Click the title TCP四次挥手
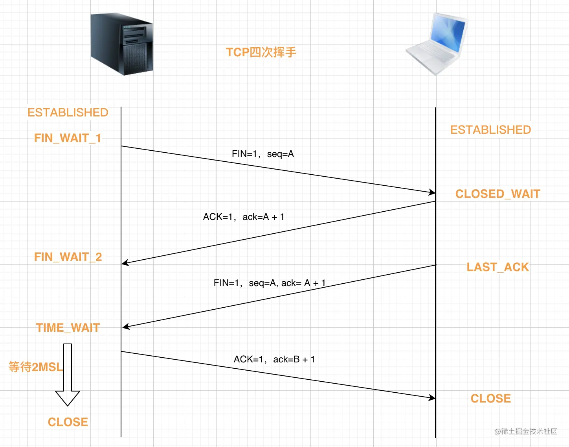[x=261, y=52]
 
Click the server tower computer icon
[x=122, y=44]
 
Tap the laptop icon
[x=436, y=43]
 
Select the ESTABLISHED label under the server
[x=68, y=113]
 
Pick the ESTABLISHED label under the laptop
[x=490, y=130]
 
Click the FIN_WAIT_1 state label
[x=68, y=138]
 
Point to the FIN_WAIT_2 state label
[x=68, y=257]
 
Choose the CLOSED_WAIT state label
[x=497, y=194]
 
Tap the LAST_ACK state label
[x=497, y=267]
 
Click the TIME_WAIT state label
[x=68, y=328]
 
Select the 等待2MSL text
[x=35, y=367]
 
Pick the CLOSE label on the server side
[x=68, y=422]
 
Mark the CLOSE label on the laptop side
[x=490, y=399]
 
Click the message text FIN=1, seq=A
[x=262, y=154]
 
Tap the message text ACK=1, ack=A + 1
[x=244, y=217]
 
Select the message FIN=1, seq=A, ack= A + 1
[x=270, y=283]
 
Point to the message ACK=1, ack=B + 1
[x=274, y=359]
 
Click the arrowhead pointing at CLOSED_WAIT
[x=432, y=192]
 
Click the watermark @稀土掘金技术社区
[x=526, y=432]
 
